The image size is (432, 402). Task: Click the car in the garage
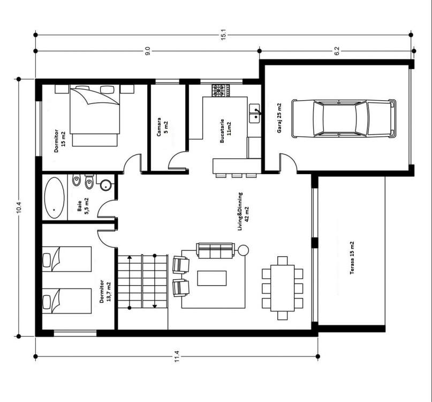[344, 118]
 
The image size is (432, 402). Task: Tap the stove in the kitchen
[221, 90]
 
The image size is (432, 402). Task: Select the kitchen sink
[255, 114]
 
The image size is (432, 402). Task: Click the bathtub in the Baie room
[54, 197]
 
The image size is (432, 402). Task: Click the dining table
[283, 288]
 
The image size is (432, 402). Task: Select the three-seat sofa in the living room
[215, 250]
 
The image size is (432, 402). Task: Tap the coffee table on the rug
[212, 278]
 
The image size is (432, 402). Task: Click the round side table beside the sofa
[243, 250]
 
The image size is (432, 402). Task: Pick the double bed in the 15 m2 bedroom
[95, 116]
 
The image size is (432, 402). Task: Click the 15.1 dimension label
[223, 35]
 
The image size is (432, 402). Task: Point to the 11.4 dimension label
[177, 356]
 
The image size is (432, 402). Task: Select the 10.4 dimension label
[19, 206]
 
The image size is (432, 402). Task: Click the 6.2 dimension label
[337, 51]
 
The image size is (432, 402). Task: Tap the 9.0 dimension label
[148, 51]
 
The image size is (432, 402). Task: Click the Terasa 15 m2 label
[352, 258]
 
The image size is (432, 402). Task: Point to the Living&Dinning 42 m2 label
[243, 211]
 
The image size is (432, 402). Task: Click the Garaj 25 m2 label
[279, 118]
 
